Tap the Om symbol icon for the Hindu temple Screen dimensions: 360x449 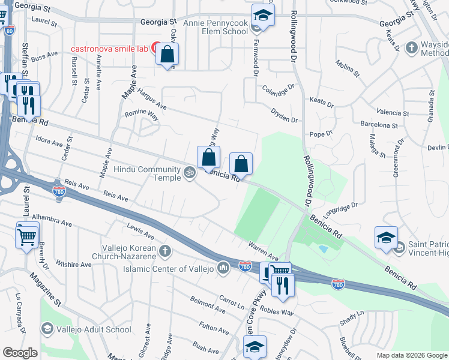[190, 173]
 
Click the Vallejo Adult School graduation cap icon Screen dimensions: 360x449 [47, 329]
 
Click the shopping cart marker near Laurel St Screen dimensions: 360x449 [27, 235]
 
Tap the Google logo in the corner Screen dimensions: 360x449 [20, 353]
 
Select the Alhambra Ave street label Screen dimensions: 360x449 [52, 220]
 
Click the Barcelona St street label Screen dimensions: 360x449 [379, 125]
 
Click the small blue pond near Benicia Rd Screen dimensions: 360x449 [324, 248]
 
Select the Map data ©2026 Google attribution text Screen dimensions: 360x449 [412, 355]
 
